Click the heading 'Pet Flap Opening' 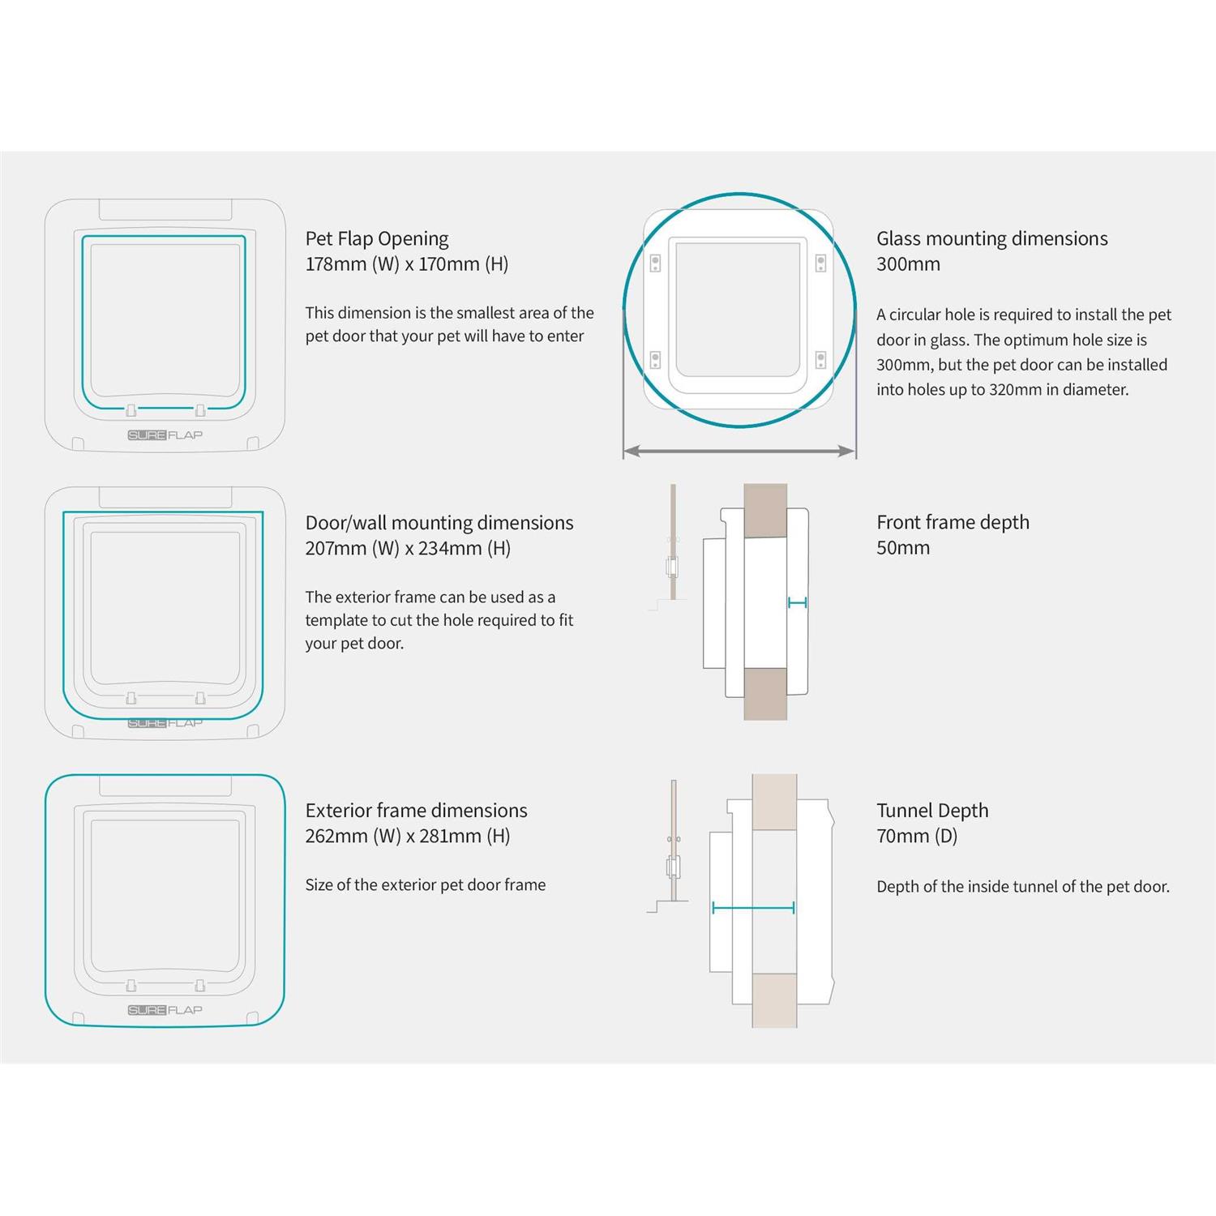click(377, 239)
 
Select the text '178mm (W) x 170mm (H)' click(407, 264)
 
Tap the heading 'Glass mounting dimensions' click(992, 238)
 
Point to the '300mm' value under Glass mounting click(908, 264)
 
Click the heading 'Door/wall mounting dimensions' click(439, 523)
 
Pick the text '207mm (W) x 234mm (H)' click(408, 549)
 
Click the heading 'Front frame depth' click(953, 523)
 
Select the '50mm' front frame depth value click(903, 548)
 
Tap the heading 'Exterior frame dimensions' click(416, 811)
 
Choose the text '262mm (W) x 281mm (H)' click(408, 837)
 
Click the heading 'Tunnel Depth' click(932, 811)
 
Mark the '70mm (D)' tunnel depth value click(917, 837)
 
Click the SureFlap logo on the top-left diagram click(165, 435)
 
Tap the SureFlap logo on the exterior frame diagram click(165, 1010)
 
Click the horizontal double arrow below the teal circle click(739, 451)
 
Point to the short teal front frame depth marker click(797, 602)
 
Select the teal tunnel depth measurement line click(753, 908)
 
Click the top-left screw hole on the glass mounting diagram click(655, 263)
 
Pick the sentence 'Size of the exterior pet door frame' click(426, 885)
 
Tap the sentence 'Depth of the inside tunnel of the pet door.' click(1023, 887)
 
